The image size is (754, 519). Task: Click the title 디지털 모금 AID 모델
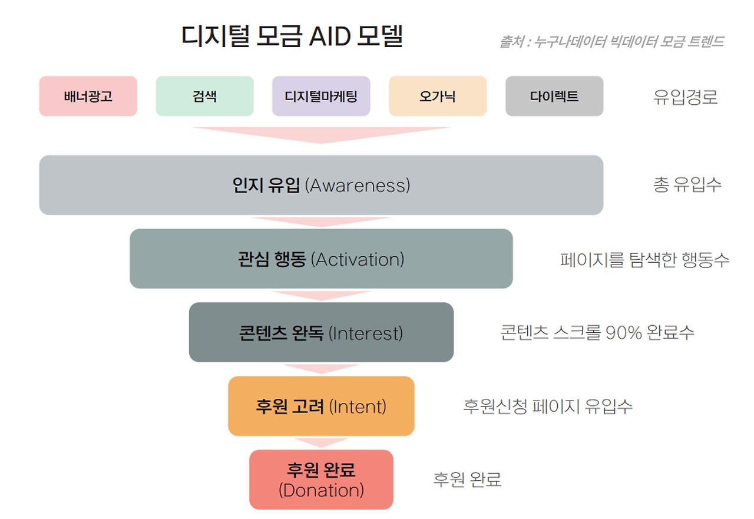click(292, 36)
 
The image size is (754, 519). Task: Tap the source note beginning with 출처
click(611, 42)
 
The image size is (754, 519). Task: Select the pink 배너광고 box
click(88, 96)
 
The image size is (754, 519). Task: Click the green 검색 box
click(204, 96)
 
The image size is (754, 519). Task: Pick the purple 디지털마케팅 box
click(321, 96)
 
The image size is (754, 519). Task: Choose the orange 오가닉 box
click(438, 96)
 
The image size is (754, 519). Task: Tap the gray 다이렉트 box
click(554, 96)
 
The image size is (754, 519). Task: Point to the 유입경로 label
click(685, 97)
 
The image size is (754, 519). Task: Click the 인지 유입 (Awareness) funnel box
click(321, 185)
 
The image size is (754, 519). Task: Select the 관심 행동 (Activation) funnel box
click(321, 259)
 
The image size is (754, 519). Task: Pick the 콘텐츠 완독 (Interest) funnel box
click(321, 332)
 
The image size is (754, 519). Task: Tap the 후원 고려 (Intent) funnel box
click(321, 406)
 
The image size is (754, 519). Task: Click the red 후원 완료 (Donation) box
click(321, 480)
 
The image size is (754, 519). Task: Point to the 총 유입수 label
click(687, 184)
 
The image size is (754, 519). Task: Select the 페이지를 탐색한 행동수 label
click(644, 259)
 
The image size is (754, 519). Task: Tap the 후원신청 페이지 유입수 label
click(548, 406)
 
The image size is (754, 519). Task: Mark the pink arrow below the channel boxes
click(321, 135)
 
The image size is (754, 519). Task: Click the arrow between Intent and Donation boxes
click(321, 442)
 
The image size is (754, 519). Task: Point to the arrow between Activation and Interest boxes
click(321, 296)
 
